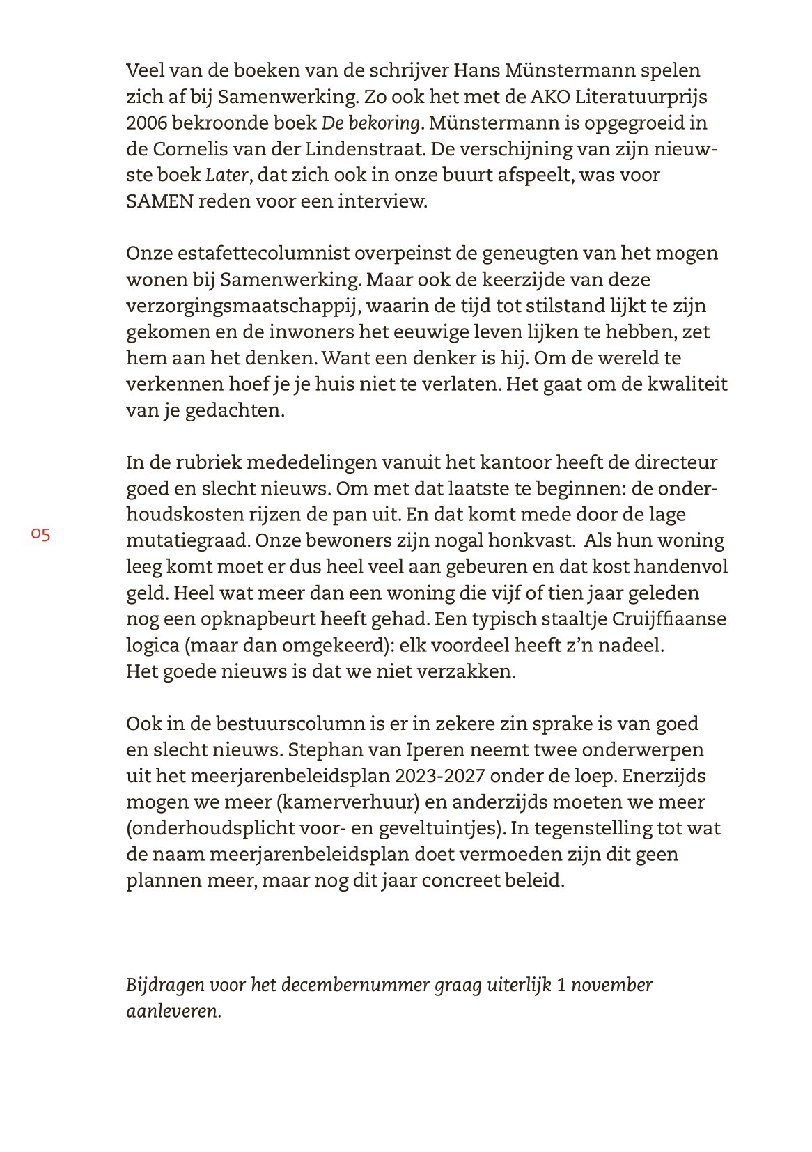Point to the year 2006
click(146, 123)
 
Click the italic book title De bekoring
click(371, 123)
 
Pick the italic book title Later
click(226, 176)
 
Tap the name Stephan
click(323, 750)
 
